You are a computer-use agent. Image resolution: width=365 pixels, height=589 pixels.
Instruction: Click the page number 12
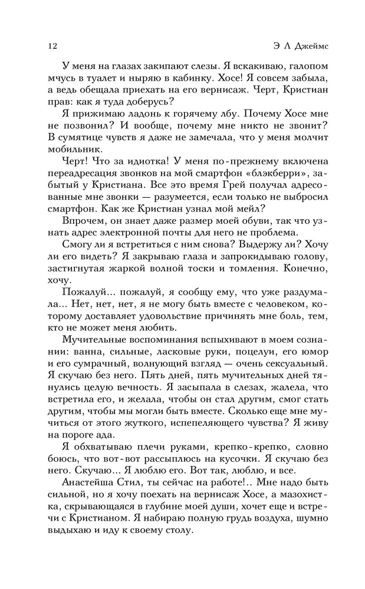tap(48, 45)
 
